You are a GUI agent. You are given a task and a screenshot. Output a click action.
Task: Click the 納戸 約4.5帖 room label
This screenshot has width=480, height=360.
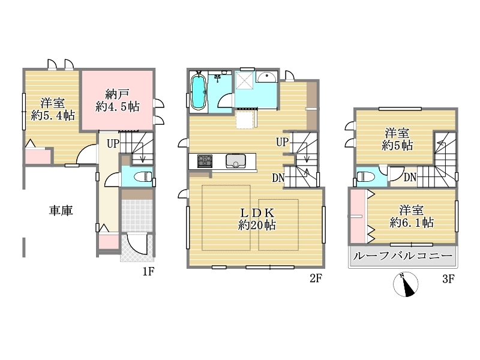click(x=117, y=100)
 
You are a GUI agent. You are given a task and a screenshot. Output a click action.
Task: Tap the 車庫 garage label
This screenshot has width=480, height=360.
click(x=61, y=211)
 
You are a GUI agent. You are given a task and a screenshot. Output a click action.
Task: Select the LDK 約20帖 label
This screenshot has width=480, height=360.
click(x=257, y=218)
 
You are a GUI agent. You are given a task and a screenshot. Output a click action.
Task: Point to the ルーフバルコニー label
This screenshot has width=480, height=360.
click(x=403, y=256)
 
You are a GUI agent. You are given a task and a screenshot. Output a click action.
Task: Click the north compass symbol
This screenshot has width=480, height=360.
click(x=406, y=284)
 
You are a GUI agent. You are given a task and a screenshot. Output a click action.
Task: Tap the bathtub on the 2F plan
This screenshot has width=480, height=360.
click(x=198, y=91)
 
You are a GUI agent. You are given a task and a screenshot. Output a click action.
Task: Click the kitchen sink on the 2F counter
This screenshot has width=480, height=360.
click(x=235, y=161)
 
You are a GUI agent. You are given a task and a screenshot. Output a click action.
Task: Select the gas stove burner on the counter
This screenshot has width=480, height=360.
click(x=205, y=161)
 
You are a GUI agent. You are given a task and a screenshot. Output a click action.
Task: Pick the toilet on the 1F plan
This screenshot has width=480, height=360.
click(x=143, y=176)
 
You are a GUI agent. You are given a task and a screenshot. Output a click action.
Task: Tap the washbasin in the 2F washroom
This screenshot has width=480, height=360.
click(x=266, y=77)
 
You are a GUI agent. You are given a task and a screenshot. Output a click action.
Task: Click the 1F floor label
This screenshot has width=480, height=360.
click(x=148, y=271)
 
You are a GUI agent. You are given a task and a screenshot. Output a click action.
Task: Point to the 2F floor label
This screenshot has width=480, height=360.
click(x=316, y=278)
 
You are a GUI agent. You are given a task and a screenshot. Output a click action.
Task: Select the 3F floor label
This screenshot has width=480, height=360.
click(x=448, y=279)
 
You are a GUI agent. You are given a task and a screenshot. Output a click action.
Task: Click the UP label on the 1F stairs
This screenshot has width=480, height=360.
click(x=113, y=143)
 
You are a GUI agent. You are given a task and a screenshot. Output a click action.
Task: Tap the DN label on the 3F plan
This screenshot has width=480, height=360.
click(x=410, y=177)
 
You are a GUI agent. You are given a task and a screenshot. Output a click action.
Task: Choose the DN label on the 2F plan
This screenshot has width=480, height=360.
click(x=278, y=178)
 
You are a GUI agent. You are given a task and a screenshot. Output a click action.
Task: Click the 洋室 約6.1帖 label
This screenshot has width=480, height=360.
click(x=412, y=217)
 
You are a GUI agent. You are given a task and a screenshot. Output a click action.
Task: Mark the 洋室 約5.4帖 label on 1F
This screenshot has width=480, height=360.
click(x=53, y=109)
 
